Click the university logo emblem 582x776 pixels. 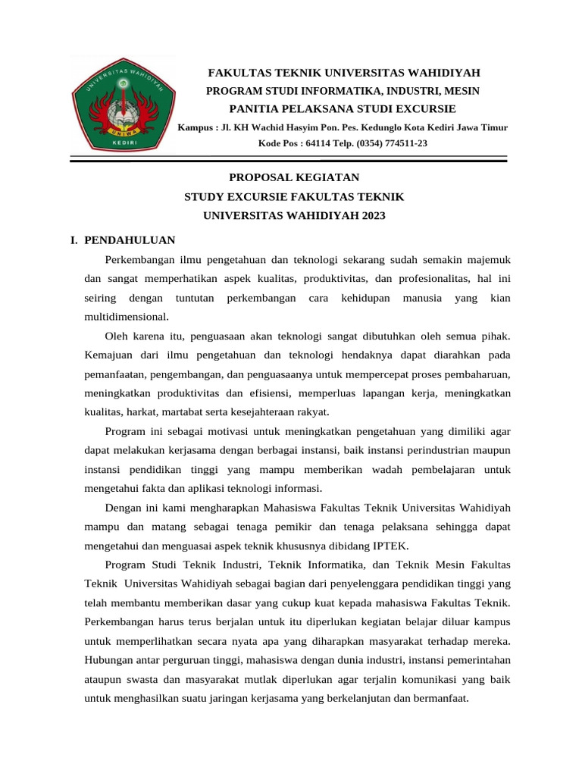coord(124,105)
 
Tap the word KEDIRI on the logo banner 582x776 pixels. coord(124,142)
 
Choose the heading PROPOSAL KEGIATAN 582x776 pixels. coord(294,177)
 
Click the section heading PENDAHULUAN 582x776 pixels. coord(130,240)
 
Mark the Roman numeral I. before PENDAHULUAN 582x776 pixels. coord(74,240)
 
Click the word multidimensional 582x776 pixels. coord(126,317)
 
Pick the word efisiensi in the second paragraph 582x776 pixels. coord(270,393)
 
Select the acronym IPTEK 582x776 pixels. coord(389,545)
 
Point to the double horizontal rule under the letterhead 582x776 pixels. coord(289,159)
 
